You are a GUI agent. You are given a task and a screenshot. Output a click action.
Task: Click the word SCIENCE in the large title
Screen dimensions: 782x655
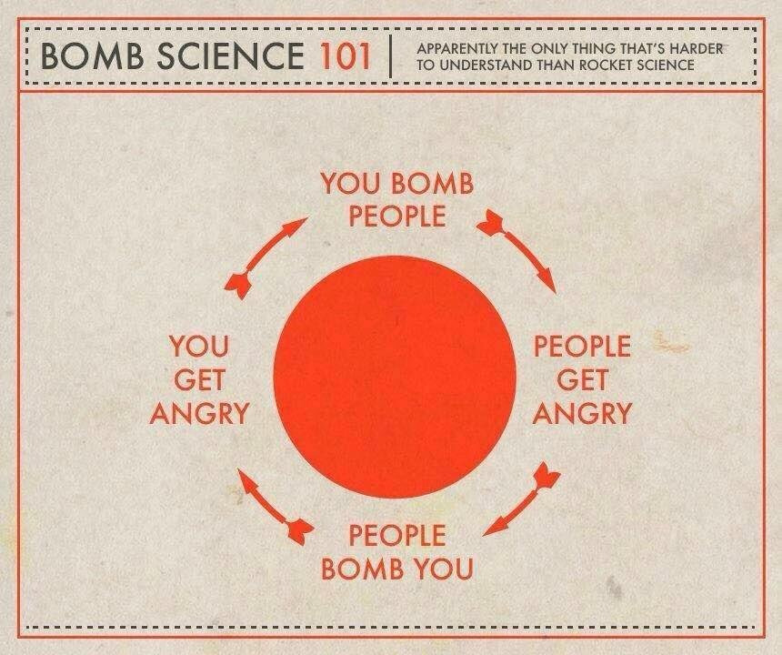(230, 55)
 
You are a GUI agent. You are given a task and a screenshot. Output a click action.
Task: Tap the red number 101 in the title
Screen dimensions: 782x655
(346, 55)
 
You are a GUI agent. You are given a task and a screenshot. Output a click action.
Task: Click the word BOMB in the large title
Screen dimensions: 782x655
(92, 55)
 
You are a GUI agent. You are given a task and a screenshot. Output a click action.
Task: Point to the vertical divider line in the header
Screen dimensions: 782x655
(392, 55)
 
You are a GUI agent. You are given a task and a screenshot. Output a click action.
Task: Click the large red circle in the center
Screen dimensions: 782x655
(395, 377)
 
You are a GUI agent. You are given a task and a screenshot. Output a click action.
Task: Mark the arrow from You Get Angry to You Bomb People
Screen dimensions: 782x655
(265, 258)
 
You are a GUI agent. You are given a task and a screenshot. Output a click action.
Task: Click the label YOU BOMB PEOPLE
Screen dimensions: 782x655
(397, 200)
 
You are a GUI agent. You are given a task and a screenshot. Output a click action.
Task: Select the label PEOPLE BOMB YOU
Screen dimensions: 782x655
(397, 552)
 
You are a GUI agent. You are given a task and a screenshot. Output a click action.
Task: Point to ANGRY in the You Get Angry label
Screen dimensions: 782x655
(199, 413)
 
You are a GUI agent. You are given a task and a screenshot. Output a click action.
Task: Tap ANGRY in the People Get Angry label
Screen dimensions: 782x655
(582, 413)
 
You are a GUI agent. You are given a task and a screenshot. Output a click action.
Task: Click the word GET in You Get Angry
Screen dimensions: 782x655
(199, 380)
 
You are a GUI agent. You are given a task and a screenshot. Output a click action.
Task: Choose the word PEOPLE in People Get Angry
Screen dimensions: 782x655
(582, 347)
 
